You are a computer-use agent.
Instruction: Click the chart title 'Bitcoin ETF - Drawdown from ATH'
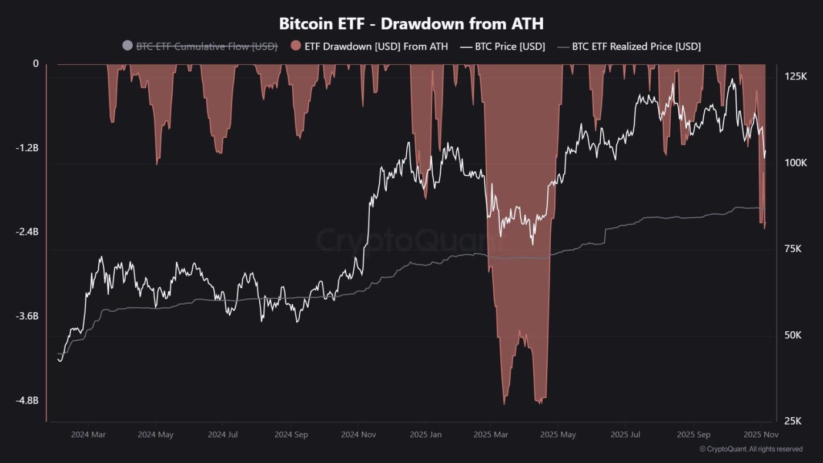(411, 24)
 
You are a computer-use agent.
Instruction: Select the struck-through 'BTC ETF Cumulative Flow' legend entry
(206, 46)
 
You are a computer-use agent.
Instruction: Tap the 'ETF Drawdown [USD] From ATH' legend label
(376, 46)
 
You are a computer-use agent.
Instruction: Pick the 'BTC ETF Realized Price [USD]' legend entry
(636, 46)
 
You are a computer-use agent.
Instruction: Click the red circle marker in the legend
(296, 46)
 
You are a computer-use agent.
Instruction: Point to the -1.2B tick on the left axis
(27, 148)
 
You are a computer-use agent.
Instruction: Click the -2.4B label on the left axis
(27, 232)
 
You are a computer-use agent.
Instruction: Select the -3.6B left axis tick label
(27, 316)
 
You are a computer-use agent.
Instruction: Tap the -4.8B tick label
(27, 400)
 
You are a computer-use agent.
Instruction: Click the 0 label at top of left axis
(35, 64)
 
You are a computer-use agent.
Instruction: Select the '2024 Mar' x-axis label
(88, 435)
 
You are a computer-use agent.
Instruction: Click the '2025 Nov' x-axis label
(761, 435)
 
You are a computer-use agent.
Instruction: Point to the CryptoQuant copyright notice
(751, 449)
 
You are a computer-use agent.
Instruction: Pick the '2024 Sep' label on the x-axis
(291, 435)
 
